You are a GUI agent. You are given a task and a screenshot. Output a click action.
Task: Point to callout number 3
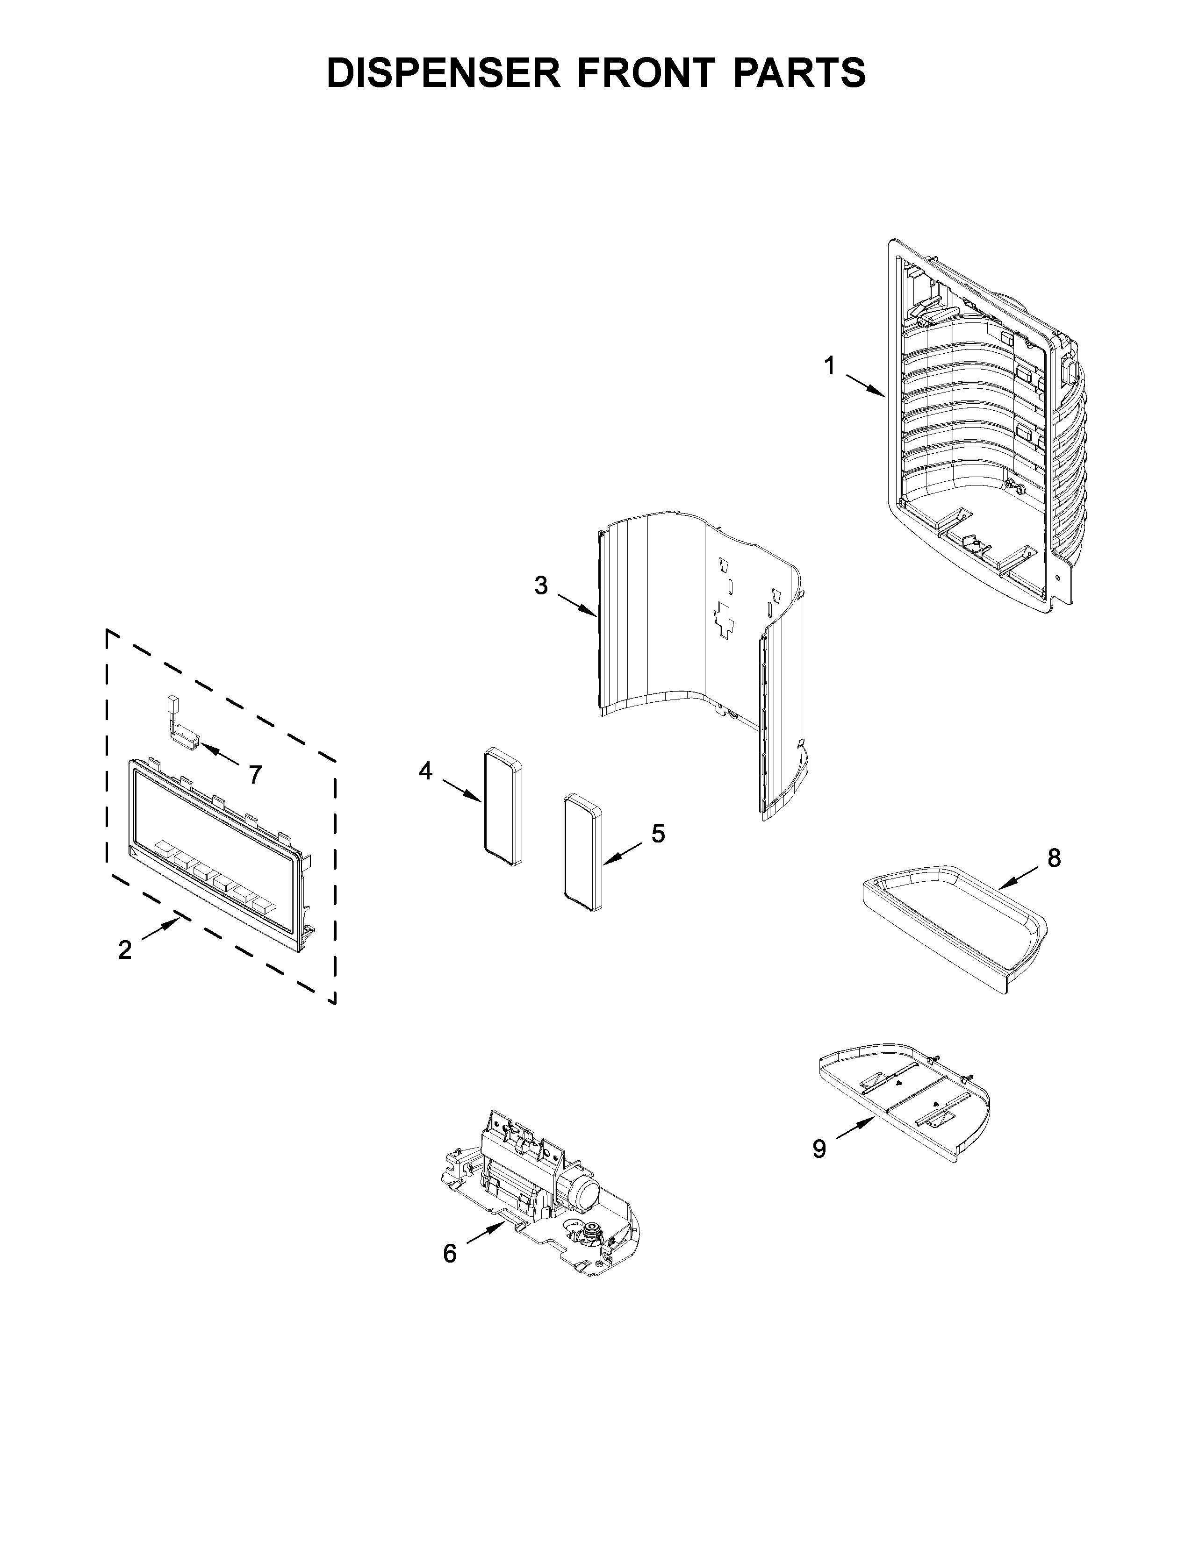pyautogui.click(x=541, y=585)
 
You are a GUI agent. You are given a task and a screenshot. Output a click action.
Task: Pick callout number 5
pyautogui.click(x=657, y=834)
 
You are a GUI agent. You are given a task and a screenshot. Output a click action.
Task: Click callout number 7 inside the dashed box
pyautogui.click(x=255, y=775)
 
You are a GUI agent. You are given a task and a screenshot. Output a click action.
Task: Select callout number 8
pyautogui.click(x=1054, y=858)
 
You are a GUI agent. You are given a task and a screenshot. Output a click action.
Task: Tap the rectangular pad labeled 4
pyautogui.click(x=503, y=808)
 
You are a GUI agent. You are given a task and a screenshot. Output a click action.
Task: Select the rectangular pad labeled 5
pyautogui.click(x=582, y=854)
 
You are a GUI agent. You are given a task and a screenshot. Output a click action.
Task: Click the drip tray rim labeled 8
pyautogui.click(x=953, y=918)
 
